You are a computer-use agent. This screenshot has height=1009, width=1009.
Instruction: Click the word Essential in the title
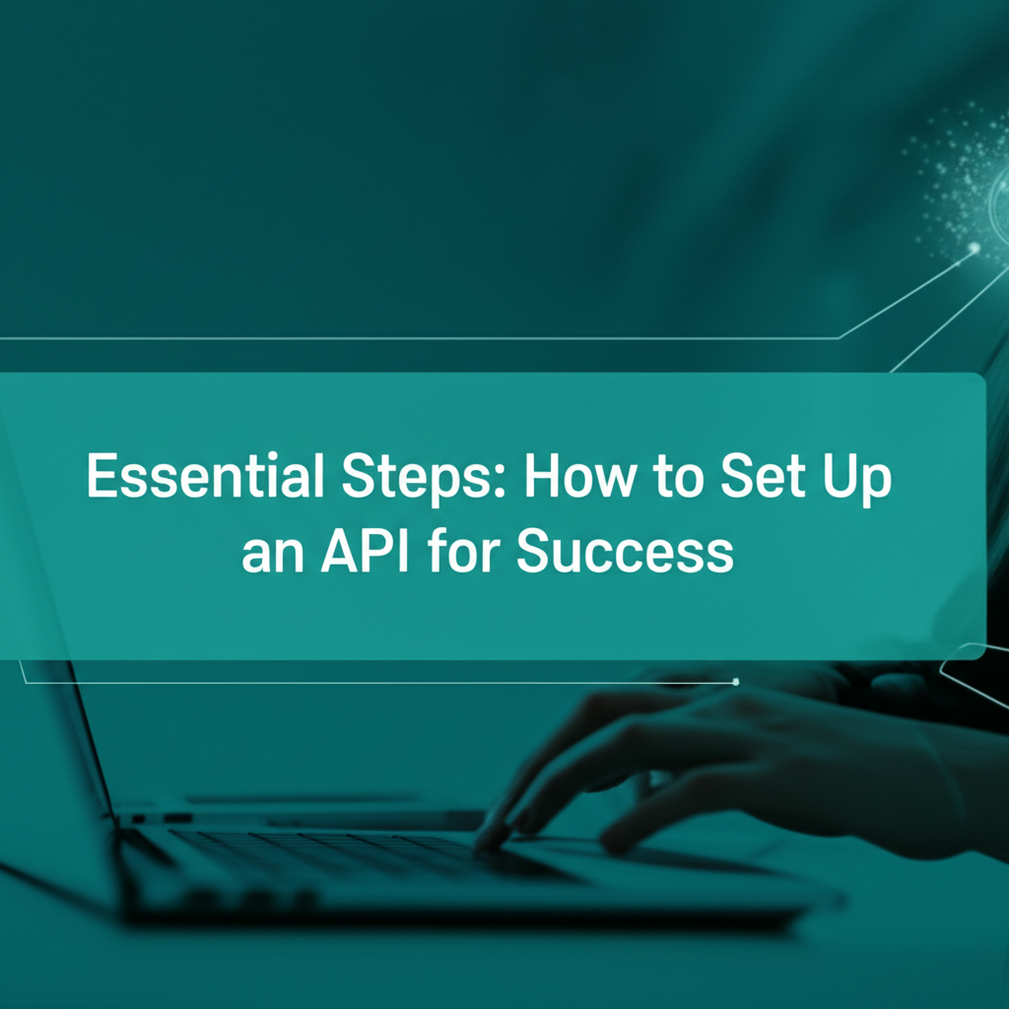(x=205, y=476)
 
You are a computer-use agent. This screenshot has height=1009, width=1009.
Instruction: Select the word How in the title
(x=579, y=476)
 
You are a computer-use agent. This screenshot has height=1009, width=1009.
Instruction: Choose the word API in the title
(x=365, y=551)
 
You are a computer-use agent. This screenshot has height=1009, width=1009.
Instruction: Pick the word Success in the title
(x=625, y=551)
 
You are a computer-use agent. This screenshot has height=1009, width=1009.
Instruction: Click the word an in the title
(x=273, y=556)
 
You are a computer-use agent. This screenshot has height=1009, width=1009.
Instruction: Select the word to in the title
(x=678, y=479)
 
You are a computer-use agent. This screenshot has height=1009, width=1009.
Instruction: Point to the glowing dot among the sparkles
(x=975, y=247)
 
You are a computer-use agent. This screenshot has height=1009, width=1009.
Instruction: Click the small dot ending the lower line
(x=735, y=682)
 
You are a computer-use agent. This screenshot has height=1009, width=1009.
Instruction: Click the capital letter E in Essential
(x=101, y=476)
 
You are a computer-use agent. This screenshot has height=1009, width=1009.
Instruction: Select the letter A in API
(x=342, y=551)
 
